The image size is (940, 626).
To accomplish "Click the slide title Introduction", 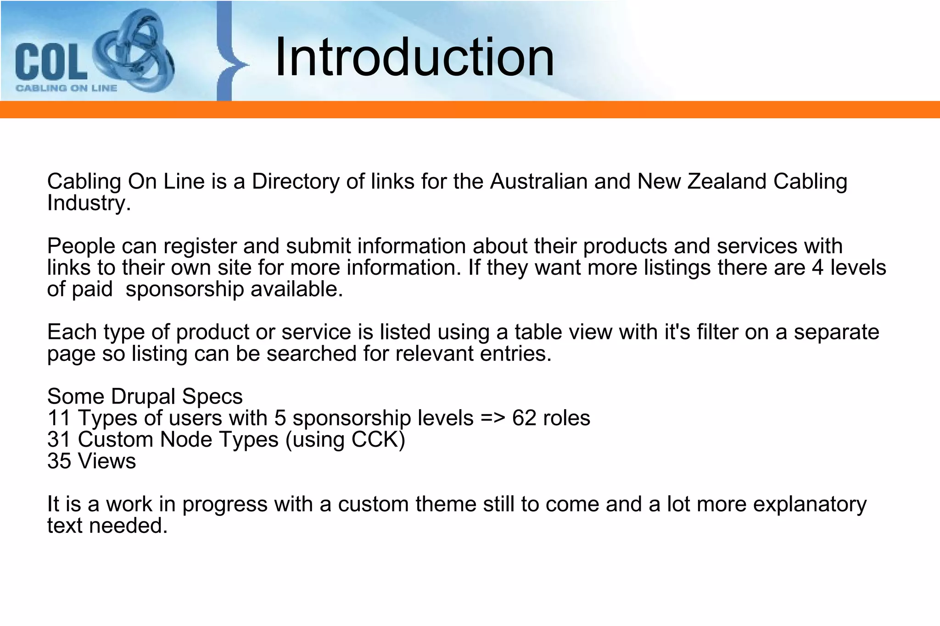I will [414, 58].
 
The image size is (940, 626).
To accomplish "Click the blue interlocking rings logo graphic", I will [134, 50].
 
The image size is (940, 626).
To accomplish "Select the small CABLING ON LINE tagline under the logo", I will [67, 88].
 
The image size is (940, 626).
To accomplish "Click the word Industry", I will [87, 203].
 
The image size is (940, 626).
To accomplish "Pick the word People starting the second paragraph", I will [81, 246].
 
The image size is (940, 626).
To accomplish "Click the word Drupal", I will [143, 397].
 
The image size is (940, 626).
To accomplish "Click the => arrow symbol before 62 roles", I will [493, 418].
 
